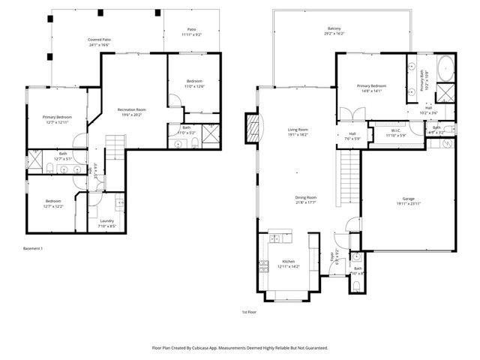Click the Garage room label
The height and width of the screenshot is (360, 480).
point(408,199)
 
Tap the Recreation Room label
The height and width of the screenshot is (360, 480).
point(131,110)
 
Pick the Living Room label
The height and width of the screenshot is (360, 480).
point(298,130)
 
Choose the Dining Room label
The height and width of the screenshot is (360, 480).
point(306,198)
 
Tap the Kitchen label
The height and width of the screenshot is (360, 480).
point(288,262)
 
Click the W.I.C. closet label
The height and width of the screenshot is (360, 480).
point(395,130)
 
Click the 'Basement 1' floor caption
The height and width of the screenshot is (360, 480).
point(33,247)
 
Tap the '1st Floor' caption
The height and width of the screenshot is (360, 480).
point(250,311)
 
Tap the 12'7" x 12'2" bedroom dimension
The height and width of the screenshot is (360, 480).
point(52,206)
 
